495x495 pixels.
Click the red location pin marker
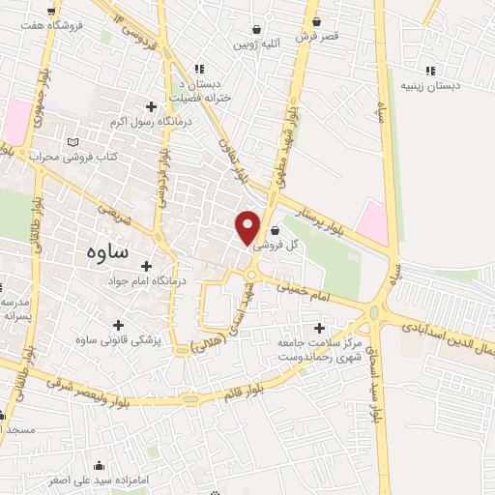tap(248, 226)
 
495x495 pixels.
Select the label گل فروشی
tap(277, 246)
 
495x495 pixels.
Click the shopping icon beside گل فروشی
tap(277, 231)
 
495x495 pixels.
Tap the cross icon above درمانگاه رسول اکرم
tap(151, 106)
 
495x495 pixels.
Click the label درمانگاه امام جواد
tap(148, 281)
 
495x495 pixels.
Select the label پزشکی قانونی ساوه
tap(119, 340)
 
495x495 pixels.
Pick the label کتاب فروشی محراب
tap(73, 156)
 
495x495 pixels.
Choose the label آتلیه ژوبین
tap(254, 44)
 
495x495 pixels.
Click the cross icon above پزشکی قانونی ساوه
tap(118, 326)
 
